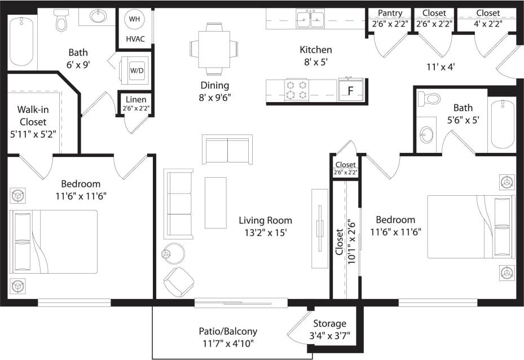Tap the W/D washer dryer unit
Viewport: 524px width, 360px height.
135,71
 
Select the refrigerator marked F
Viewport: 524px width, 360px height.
350,90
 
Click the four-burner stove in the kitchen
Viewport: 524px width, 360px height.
297,90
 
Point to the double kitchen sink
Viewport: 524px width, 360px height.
310,19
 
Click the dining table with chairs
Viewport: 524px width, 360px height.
214,49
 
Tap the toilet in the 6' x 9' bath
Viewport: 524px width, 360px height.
61,21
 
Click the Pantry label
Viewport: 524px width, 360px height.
390,14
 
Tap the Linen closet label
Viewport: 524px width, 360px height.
135,100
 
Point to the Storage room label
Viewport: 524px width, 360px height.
330,323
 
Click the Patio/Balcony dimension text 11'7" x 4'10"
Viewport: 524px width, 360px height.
228,343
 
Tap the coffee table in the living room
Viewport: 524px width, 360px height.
215,203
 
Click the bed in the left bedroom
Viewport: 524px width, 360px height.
54,242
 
